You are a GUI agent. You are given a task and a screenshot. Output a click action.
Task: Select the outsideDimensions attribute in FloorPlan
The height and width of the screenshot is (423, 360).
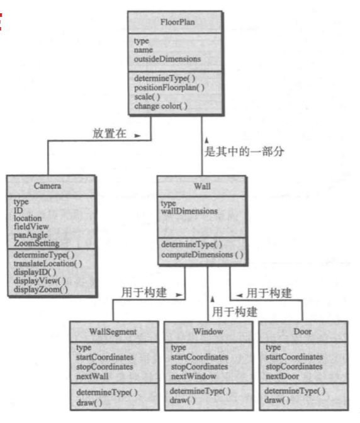coord(167,59)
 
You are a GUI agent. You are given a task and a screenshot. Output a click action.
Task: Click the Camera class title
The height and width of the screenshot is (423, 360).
coord(52,186)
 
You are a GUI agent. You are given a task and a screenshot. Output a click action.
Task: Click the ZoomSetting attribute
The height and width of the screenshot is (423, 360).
coord(36,243)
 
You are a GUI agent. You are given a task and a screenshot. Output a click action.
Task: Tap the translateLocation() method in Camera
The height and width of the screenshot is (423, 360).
coord(47,264)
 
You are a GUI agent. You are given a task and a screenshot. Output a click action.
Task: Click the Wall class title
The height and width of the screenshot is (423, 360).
coord(202,186)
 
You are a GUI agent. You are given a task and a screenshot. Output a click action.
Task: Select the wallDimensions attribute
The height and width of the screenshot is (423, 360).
coord(189,211)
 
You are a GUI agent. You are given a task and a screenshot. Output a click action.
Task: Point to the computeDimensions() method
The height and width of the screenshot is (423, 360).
coord(201,255)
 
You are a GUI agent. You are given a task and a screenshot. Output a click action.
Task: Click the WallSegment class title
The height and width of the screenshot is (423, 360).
coord(113,331)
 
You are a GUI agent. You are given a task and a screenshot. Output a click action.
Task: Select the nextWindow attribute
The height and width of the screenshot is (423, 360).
coord(193,376)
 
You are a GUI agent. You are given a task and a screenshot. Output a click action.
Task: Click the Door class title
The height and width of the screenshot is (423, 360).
coord(303,331)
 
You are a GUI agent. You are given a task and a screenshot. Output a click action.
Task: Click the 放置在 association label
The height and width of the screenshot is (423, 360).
coord(108,133)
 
